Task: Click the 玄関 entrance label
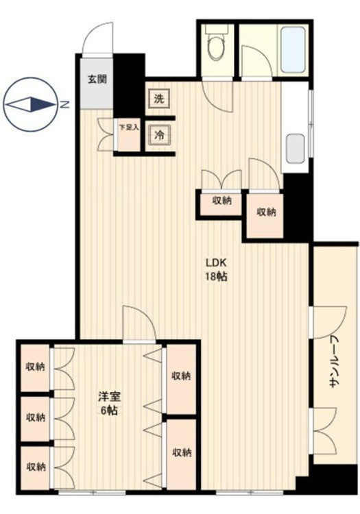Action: pyautogui.click(x=97, y=79)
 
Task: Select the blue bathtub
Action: pyautogui.click(x=293, y=50)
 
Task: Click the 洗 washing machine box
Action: pyautogui.click(x=159, y=98)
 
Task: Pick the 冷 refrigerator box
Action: pyautogui.click(x=160, y=135)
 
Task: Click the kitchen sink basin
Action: pyautogui.click(x=295, y=148)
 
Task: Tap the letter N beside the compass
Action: pyautogui.click(x=66, y=105)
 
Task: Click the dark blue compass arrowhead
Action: pyautogui.click(x=43, y=105)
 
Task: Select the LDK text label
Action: pyautogui.click(x=217, y=262)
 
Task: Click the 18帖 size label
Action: pyautogui.click(x=217, y=277)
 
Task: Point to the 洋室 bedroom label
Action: pyautogui.click(x=110, y=397)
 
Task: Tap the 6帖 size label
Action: pyautogui.click(x=109, y=411)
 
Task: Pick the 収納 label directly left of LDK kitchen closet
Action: pyautogui.click(x=222, y=200)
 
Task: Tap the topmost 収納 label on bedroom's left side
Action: pyautogui.click(x=36, y=367)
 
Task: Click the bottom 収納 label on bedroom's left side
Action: pyautogui.click(x=36, y=467)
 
